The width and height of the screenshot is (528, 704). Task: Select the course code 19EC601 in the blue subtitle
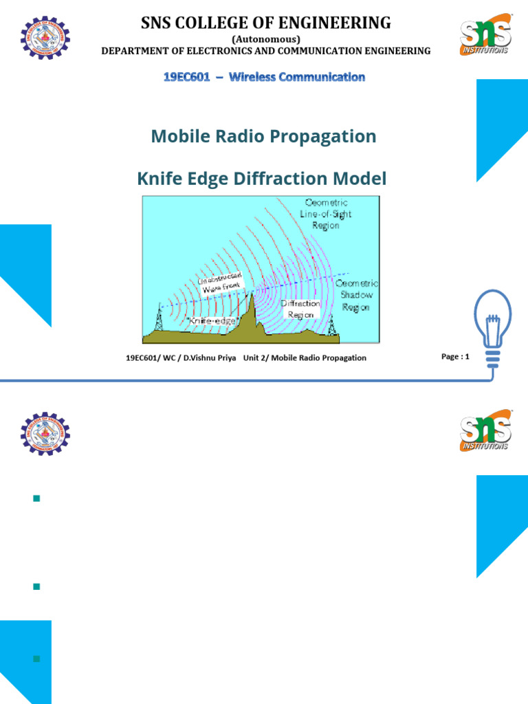click(x=185, y=77)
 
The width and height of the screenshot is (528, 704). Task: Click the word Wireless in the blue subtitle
click(x=251, y=77)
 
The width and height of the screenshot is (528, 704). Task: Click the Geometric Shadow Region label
click(x=355, y=295)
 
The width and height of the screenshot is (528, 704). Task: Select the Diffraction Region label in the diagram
click(x=300, y=309)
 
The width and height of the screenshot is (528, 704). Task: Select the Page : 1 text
click(x=455, y=357)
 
